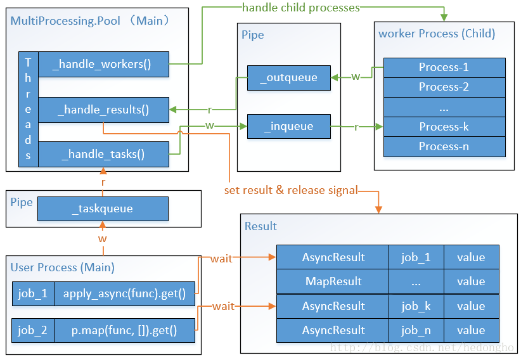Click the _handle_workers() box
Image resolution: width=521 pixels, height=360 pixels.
[x=104, y=64]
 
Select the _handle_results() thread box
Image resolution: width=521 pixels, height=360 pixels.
[x=104, y=110]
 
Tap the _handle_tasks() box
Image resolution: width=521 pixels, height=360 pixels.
[x=104, y=154]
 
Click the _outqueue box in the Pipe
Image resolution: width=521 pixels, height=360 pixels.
[x=289, y=78]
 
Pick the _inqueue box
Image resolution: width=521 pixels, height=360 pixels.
[x=289, y=126]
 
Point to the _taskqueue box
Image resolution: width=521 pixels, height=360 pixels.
[x=103, y=209]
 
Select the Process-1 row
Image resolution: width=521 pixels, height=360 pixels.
[x=444, y=68]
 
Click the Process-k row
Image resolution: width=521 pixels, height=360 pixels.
[x=444, y=127]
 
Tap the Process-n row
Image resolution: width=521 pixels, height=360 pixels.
[x=444, y=146]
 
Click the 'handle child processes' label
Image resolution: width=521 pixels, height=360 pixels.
[x=301, y=8]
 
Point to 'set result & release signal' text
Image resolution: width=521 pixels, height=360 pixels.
[x=291, y=190]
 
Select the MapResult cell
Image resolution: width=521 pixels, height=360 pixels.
[x=333, y=281]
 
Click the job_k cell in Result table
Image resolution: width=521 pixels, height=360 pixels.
[x=416, y=306]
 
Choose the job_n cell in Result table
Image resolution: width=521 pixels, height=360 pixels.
[x=416, y=330]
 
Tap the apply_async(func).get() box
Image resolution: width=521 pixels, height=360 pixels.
[x=125, y=294]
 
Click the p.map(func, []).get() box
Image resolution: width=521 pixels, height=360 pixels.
[x=125, y=330]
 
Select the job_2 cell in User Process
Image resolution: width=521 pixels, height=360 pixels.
[x=33, y=330]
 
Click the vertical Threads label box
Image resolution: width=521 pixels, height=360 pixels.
[x=29, y=109]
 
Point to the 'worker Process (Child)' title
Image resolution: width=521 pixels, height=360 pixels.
[x=437, y=34]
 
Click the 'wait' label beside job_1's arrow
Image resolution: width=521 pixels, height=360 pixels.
[x=221, y=259]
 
